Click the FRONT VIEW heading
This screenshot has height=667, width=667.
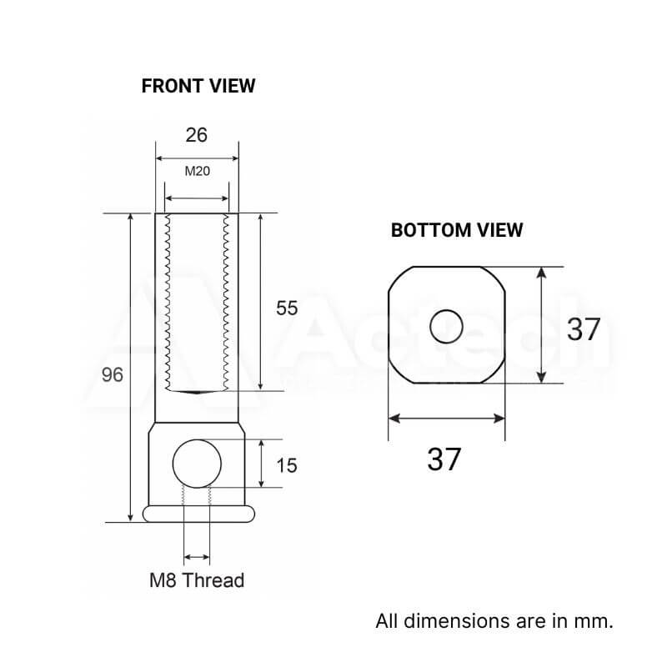pyautogui.click(x=198, y=86)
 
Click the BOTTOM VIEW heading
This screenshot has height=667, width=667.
pyautogui.click(x=457, y=230)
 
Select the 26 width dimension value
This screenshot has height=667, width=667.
pyautogui.click(x=196, y=134)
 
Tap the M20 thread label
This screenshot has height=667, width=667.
pyautogui.click(x=197, y=172)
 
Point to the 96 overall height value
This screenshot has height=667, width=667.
pyautogui.click(x=112, y=374)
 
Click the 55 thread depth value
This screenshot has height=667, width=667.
pyautogui.click(x=286, y=308)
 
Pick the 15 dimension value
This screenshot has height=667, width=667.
pyautogui.click(x=286, y=465)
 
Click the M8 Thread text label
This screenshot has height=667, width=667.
pyautogui.click(x=197, y=580)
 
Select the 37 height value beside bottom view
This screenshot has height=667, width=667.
pyautogui.click(x=583, y=329)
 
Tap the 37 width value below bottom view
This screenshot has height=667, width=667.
pyautogui.click(x=444, y=459)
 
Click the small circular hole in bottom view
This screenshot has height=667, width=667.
pyautogui.click(x=447, y=326)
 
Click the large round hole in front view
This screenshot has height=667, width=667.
pyautogui.click(x=197, y=463)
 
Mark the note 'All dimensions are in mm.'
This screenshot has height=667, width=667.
pyautogui.click(x=494, y=621)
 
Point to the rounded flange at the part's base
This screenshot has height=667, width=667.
pyautogui.click(x=197, y=513)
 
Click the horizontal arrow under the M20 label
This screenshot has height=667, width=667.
pyautogui.click(x=197, y=198)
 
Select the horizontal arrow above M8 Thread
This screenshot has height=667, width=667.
pyautogui.click(x=197, y=556)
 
